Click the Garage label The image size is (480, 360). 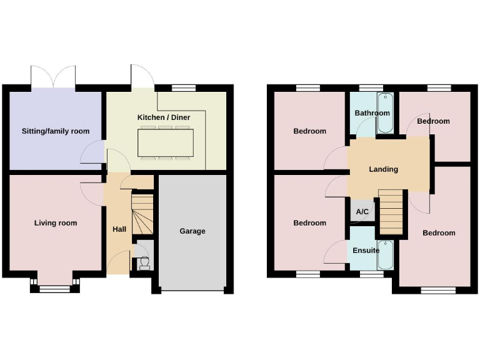[192, 231]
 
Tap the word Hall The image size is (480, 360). [119, 229]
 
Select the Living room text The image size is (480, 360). [56, 223]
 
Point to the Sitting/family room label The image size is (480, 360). [56, 131]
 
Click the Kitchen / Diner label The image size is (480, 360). [164, 117]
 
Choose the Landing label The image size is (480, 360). [383, 169]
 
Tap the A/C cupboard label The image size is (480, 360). [362, 212]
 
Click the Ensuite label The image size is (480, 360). [366, 251]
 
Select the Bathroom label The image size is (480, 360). [372, 113]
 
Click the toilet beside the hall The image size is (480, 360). [144, 262]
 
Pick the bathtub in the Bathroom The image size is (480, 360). [385, 112]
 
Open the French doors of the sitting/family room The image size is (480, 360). [54, 77]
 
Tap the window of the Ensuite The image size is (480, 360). [371, 274]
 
